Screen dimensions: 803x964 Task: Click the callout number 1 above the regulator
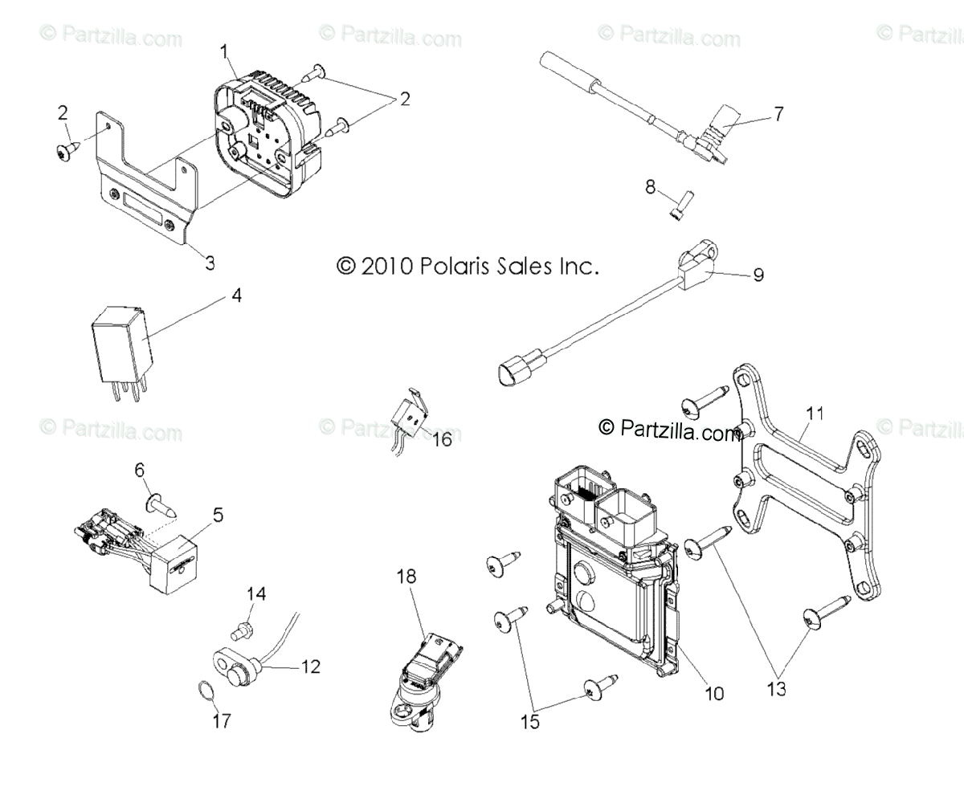click(226, 53)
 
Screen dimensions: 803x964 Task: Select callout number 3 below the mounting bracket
click(209, 262)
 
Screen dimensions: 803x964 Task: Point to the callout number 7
click(777, 113)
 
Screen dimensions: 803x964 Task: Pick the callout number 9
click(758, 275)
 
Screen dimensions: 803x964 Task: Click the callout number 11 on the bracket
click(815, 414)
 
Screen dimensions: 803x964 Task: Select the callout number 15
click(530, 720)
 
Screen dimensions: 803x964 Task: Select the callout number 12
click(310, 666)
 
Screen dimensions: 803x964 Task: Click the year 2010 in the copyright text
click(387, 266)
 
